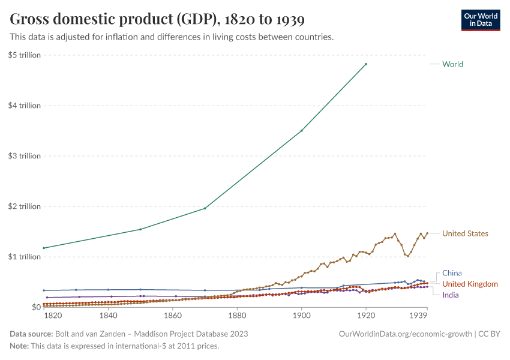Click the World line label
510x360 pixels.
(452, 64)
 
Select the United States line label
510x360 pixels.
(465, 233)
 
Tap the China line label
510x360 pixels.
(452, 273)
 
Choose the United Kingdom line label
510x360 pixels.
(470, 284)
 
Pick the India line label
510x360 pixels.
(451, 295)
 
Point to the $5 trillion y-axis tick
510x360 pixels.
(25, 55)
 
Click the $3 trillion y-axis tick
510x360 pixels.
(25, 156)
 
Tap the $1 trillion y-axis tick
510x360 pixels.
(25, 257)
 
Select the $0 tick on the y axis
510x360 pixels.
(35, 307)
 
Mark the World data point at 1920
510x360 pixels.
(366, 64)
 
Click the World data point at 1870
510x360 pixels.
(205, 208)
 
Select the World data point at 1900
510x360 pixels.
(302, 130)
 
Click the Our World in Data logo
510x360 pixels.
(481, 20)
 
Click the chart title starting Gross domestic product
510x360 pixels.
(157, 20)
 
